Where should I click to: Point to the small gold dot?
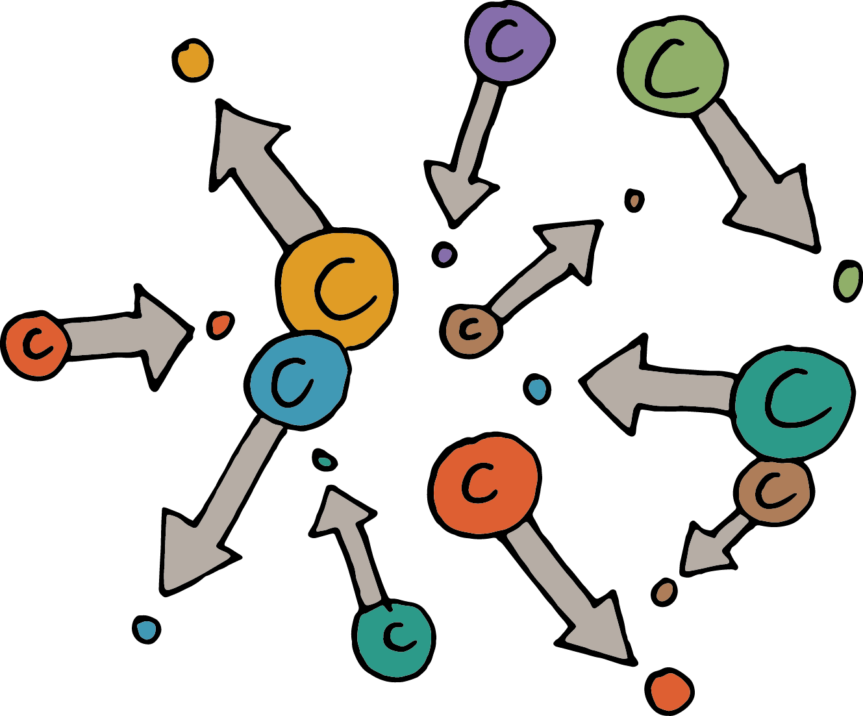pyautogui.click(x=192, y=60)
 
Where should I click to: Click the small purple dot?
pyautogui.click(x=445, y=254)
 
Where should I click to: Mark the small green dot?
pyautogui.click(x=847, y=280)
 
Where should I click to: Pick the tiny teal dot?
pyautogui.click(x=325, y=460)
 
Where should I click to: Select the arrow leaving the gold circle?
pyautogui.click(x=260, y=169)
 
